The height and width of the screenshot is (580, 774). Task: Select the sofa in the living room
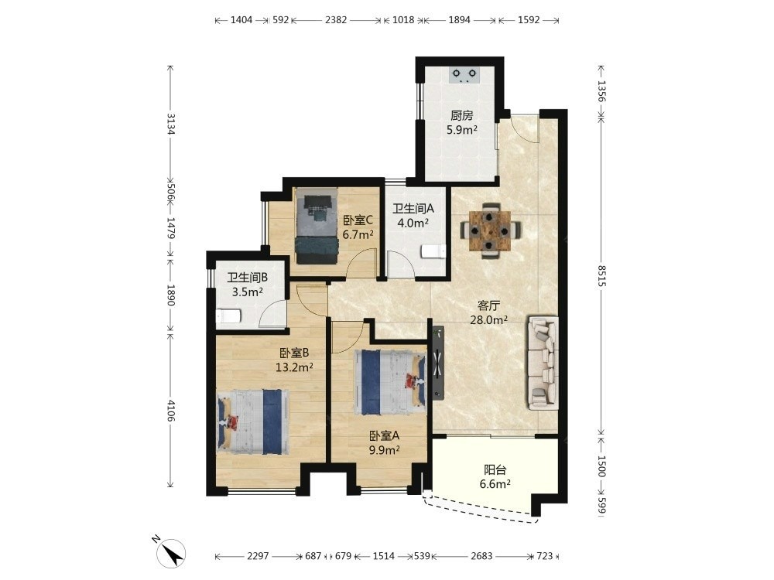(543, 363)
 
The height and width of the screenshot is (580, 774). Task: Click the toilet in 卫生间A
(433, 251)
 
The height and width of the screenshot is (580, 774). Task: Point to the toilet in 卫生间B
(228, 316)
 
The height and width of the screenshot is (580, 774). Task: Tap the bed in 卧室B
(253, 421)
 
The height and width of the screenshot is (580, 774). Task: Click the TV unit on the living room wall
(438, 363)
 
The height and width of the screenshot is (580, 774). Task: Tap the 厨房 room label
(461, 115)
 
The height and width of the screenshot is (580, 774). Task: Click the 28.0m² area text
(488, 320)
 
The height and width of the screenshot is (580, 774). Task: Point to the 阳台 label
(495, 470)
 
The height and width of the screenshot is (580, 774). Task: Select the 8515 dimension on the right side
(601, 276)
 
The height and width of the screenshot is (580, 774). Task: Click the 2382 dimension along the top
(336, 20)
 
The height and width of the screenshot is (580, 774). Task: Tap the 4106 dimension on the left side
(171, 411)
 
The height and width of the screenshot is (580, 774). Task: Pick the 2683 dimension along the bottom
(481, 556)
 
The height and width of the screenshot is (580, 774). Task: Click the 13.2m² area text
(294, 367)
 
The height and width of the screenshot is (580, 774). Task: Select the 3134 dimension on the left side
(171, 125)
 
